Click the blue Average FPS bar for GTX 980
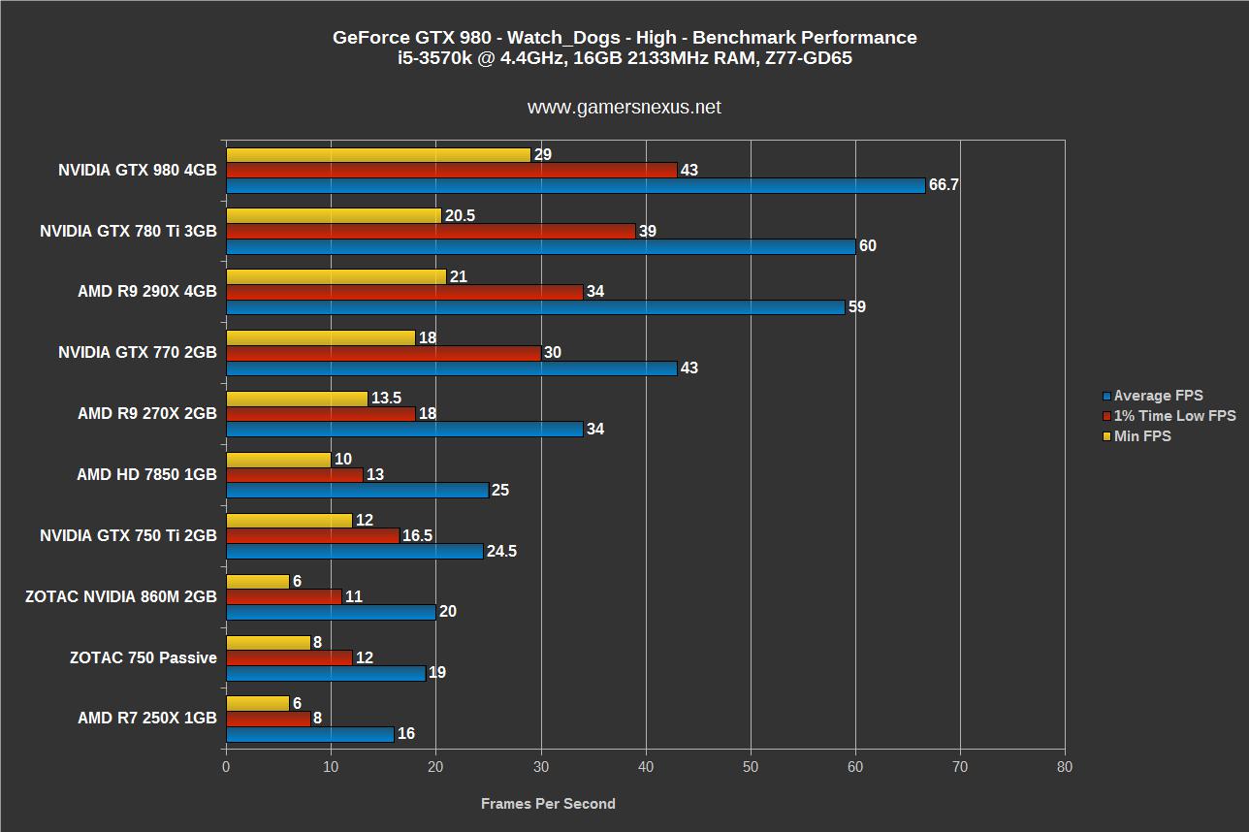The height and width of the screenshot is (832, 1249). pyautogui.click(x=575, y=185)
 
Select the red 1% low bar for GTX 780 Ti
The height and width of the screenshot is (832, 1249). pyautogui.click(x=431, y=231)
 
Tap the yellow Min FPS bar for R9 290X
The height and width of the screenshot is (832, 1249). pyautogui.click(x=336, y=277)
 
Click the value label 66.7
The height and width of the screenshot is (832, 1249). pyautogui.click(x=943, y=185)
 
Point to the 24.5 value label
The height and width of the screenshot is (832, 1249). pyautogui.click(x=501, y=552)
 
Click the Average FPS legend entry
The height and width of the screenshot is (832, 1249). pyautogui.click(x=1158, y=396)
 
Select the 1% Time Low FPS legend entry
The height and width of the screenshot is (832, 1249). pyautogui.click(x=1174, y=416)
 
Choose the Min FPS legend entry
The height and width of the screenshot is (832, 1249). pyautogui.click(x=1142, y=436)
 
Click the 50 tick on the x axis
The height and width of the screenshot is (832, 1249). pyautogui.click(x=751, y=767)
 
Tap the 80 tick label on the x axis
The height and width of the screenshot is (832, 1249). pyautogui.click(x=1065, y=767)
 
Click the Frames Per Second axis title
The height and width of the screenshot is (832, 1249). pyautogui.click(x=548, y=804)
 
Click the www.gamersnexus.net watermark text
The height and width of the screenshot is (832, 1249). pyautogui.click(x=624, y=108)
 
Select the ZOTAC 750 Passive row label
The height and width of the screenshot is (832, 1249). pyautogui.click(x=144, y=658)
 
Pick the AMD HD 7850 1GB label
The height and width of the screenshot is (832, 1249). pyautogui.click(x=146, y=475)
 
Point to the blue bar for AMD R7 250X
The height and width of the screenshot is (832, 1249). pyautogui.click(x=309, y=734)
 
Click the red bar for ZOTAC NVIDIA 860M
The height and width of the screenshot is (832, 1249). pyautogui.click(x=283, y=597)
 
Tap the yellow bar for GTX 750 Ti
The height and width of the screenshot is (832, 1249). pyautogui.click(x=289, y=521)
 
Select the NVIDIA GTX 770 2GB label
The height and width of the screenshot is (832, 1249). pyautogui.click(x=138, y=353)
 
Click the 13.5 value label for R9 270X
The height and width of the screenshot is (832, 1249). pyautogui.click(x=386, y=399)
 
